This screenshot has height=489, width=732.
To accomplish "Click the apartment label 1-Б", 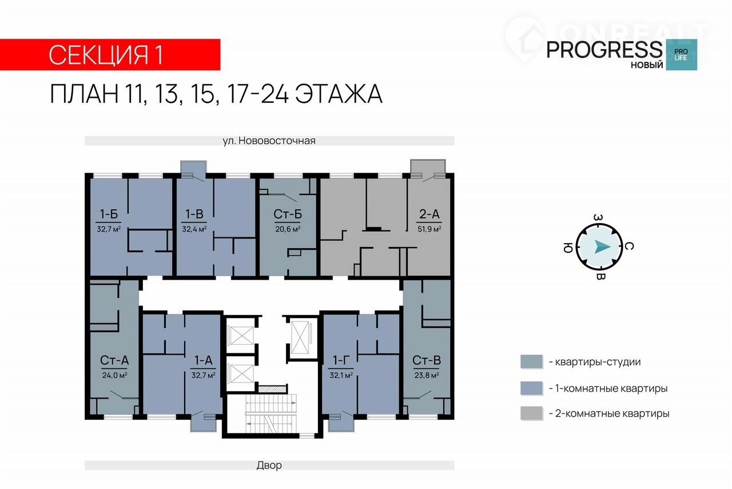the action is point(109,214).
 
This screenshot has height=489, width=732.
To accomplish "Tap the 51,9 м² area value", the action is point(429,229).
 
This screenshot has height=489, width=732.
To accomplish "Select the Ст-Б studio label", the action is point(288,214).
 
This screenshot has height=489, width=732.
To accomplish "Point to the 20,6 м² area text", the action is point(288,229).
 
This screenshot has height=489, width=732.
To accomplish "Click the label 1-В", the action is point(194,214).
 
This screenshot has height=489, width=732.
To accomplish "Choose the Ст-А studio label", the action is point(114,360).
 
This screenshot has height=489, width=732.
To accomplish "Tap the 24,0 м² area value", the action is point(114,375).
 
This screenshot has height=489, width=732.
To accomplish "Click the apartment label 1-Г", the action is point(341,360).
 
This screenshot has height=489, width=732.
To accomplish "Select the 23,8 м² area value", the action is point(427,375).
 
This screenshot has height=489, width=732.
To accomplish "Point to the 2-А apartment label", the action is point(429,214).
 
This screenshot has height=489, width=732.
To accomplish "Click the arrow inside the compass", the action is point(602,247).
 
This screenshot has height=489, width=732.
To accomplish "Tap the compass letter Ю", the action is point(568,248).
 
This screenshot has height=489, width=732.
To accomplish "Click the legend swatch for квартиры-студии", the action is point(531,362).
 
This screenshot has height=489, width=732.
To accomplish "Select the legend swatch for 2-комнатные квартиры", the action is point(531,413).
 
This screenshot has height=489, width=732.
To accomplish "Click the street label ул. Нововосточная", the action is point(269,141).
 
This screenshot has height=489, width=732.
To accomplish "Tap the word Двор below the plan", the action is point(269,465).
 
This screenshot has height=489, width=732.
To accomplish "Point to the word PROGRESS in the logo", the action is point(604,50).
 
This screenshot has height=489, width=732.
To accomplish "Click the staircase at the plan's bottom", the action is point(270,414).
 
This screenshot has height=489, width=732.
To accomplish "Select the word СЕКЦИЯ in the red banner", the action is point(99,55).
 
